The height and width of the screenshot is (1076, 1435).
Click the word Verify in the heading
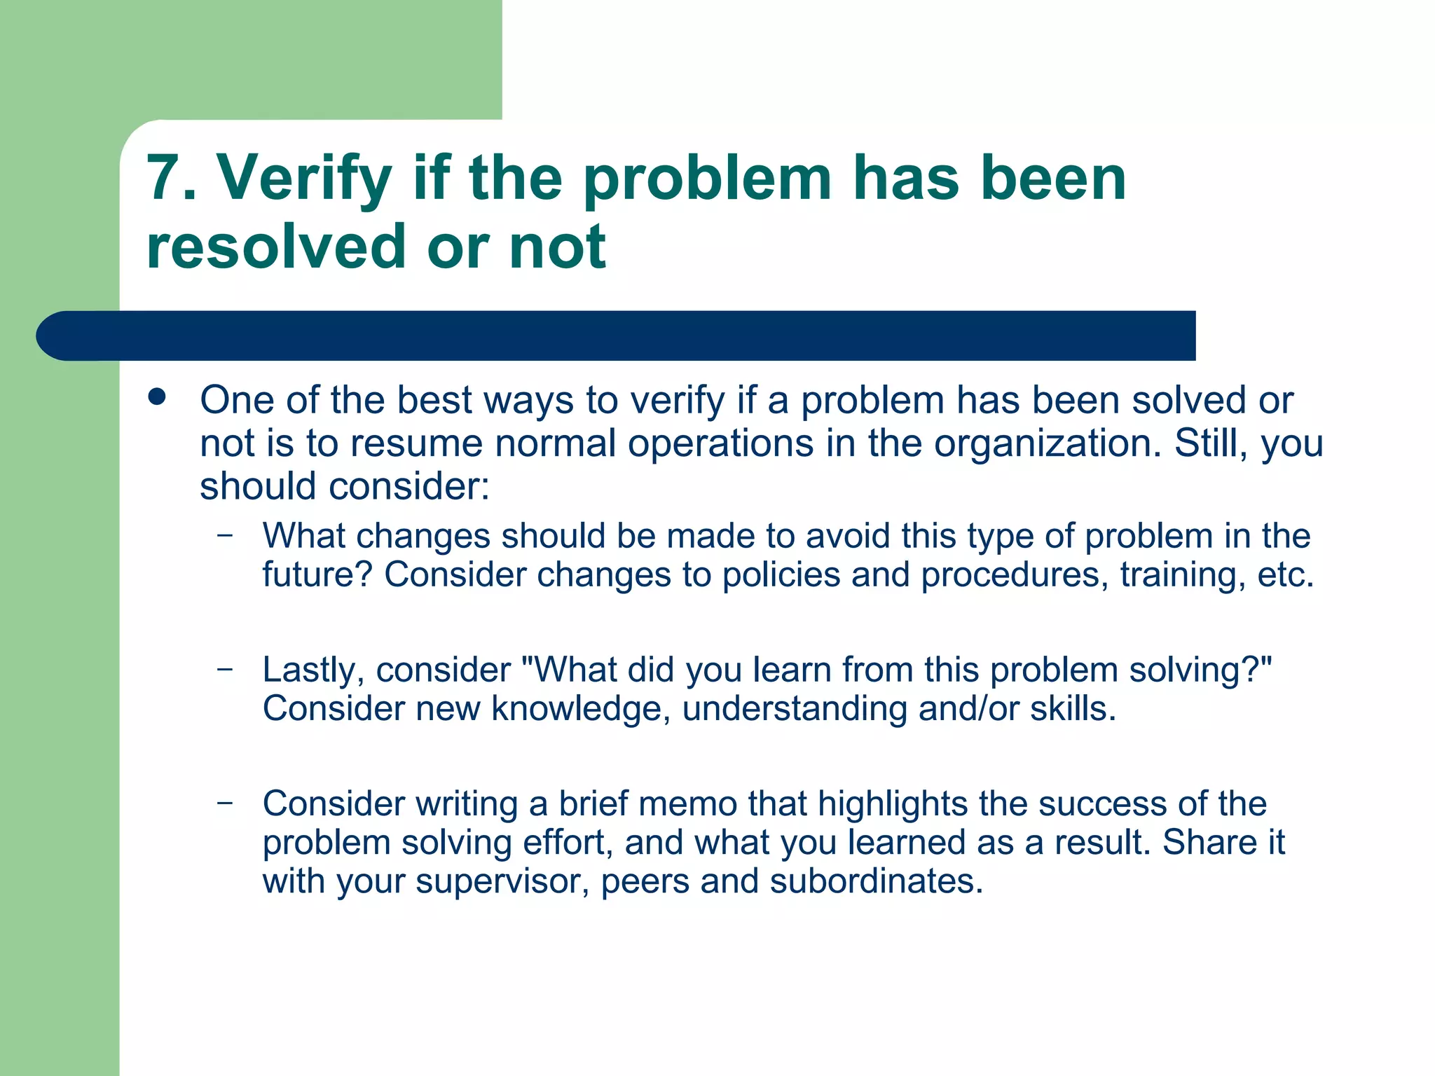click(303, 179)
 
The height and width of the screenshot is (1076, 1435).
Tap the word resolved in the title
click(276, 247)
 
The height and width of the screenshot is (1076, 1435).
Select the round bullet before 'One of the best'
click(157, 398)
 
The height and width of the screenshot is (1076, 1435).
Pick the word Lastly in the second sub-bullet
click(313, 670)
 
